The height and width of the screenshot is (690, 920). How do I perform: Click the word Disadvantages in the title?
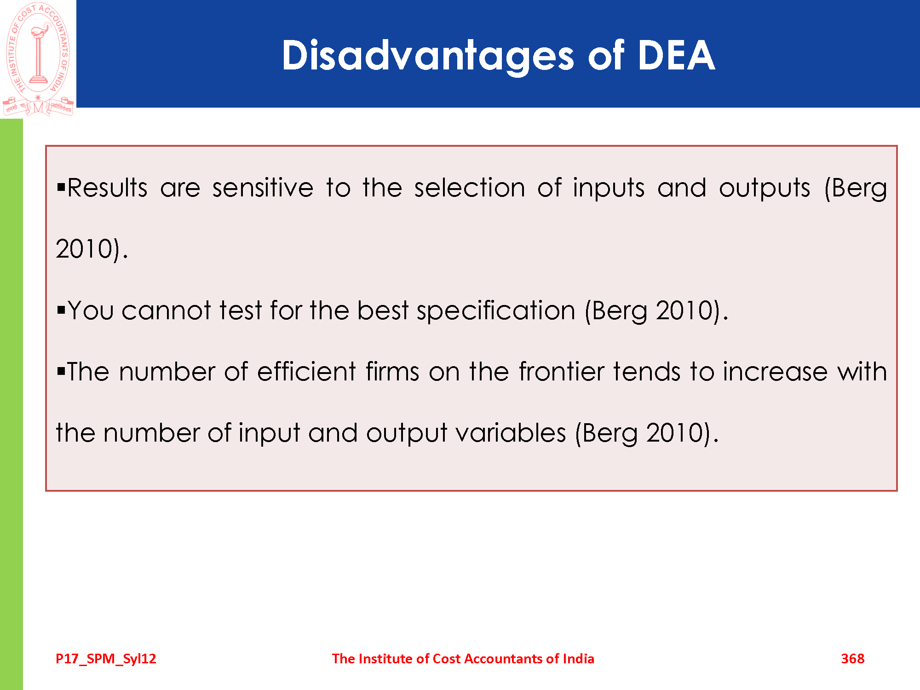(428, 56)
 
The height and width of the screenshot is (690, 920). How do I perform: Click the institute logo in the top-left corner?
(38, 59)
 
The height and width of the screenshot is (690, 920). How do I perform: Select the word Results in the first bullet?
(107, 188)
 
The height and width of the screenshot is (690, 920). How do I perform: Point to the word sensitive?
(263, 188)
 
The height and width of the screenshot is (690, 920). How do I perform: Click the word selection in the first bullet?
(469, 188)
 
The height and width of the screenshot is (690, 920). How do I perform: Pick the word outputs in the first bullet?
(765, 189)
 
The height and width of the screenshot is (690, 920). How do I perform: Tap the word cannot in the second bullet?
(166, 310)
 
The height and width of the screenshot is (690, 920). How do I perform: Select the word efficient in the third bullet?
(306, 371)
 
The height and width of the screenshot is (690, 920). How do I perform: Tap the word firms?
(392, 371)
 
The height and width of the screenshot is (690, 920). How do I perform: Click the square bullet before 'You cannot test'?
(61, 310)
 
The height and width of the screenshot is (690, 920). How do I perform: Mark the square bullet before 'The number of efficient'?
(61, 371)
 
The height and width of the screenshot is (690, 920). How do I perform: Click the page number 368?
(852, 659)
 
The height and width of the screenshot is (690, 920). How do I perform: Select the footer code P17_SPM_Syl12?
(106, 659)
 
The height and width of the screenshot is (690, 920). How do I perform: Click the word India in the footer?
(578, 659)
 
